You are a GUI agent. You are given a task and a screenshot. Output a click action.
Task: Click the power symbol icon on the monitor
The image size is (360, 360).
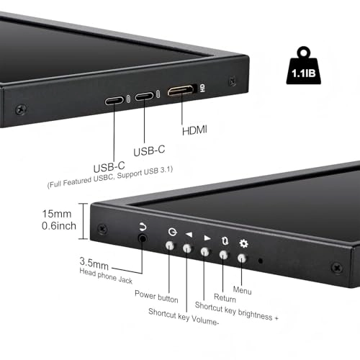coord(171,232)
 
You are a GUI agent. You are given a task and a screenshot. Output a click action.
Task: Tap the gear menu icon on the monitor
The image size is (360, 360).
coord(243,243)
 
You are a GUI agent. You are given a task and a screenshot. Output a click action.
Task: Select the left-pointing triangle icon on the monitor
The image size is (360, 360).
coord(189,234)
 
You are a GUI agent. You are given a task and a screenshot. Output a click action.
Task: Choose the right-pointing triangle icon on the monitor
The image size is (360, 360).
coord(207,237)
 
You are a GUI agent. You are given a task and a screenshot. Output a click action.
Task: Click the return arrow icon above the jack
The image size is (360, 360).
coord(142,226)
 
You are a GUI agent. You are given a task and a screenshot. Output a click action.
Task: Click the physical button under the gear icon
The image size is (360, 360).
coord(243,257)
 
